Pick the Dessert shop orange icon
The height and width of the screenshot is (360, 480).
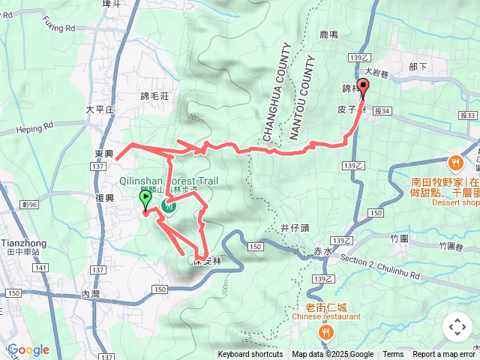[x=455, y=162]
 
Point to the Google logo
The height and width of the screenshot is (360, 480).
[x=28, y=349]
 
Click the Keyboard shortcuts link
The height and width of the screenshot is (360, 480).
[x=250, y=355]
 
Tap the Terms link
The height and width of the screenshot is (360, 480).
[x=393, y=355]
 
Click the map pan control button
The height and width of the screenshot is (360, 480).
[x=457, y=327]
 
